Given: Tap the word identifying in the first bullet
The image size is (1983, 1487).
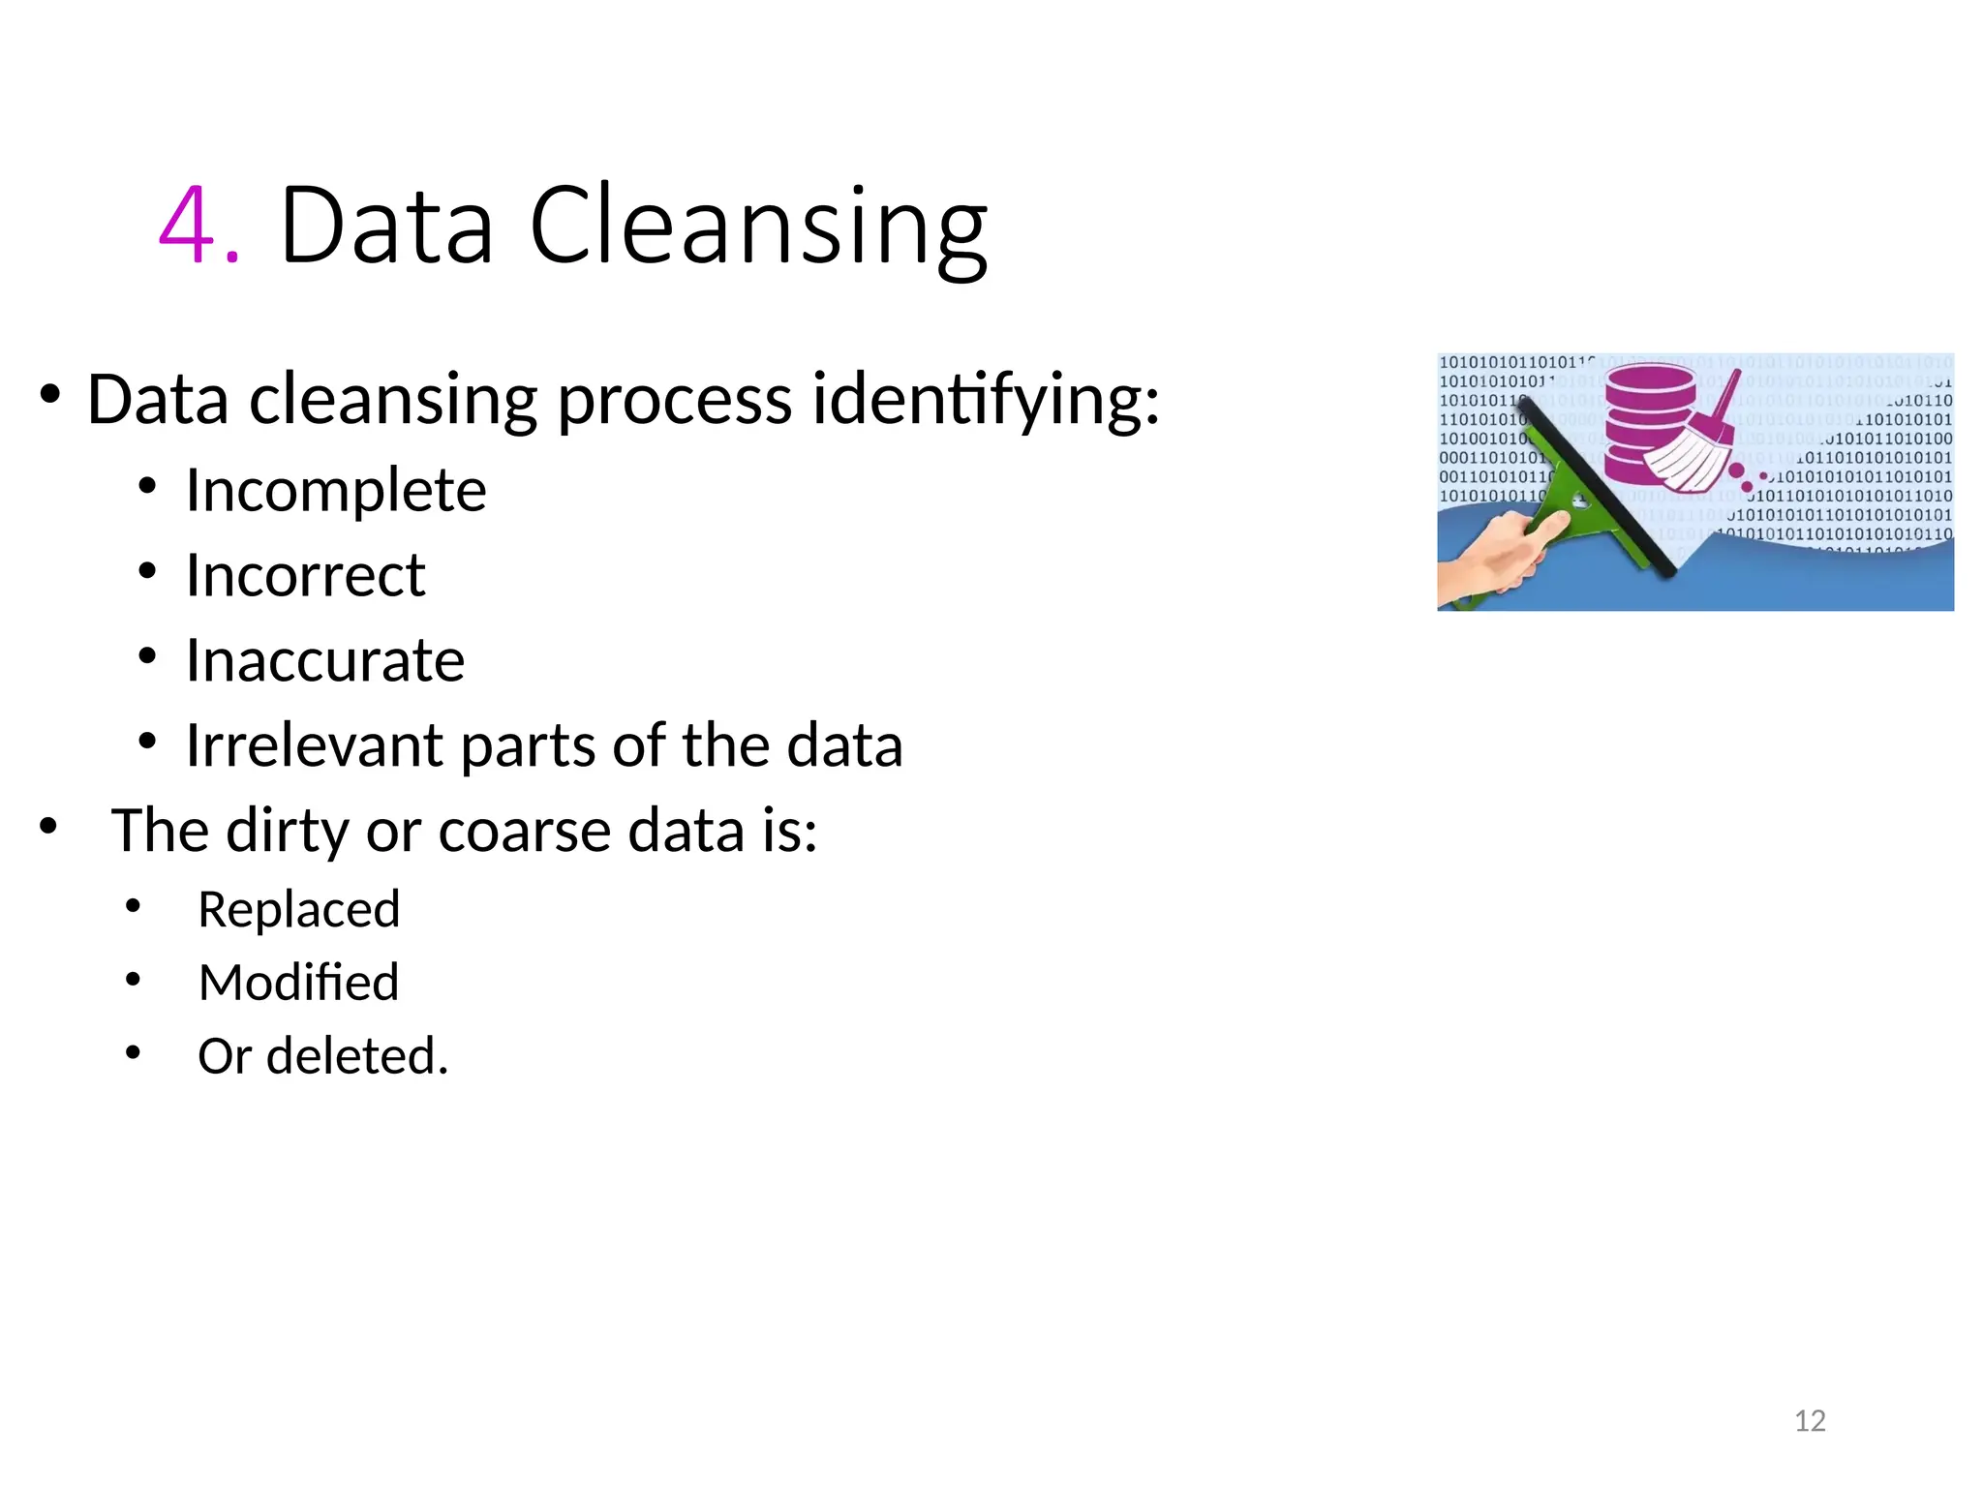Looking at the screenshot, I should pyautogui.click(x=985, y=400).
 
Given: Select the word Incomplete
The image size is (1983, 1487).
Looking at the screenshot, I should pyautogui.click(x=336, y=490).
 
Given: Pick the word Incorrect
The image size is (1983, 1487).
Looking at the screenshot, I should pyautogui.click(x=305, y=575).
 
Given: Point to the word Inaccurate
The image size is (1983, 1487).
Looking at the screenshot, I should pyautogui.click(x=325, y=660).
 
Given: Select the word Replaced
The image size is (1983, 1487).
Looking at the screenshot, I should pyautogui.click(x=298, y=910).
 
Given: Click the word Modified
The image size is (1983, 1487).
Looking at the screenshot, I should pyautogui.click(x=298, y=983).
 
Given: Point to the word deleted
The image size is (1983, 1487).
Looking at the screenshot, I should pyautogui.click(x=357, y=1055).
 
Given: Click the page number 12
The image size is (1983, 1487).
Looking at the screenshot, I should pyautogui.click(x=1810, y=1420).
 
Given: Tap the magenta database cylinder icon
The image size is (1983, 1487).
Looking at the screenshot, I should pyautogui.click(x=1649, y=421).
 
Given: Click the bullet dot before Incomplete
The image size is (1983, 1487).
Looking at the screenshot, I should pyautogui.click(x=147, y=486).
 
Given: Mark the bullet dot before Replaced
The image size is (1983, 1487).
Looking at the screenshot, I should pyautogui.click(x=134, y=906).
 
